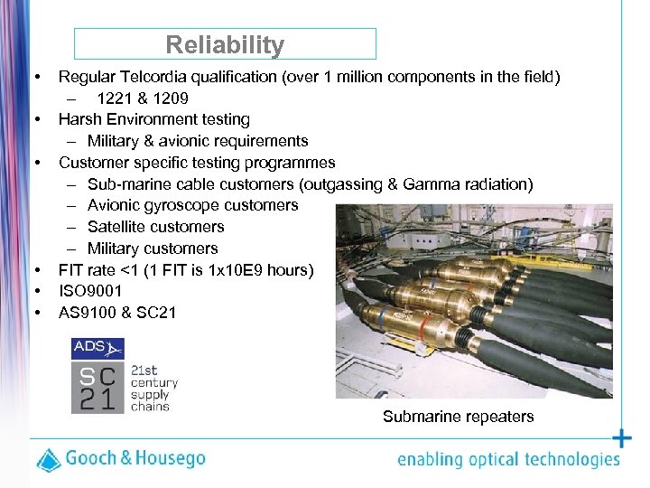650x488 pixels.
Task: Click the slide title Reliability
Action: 225,44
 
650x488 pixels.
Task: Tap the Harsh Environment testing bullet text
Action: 153,119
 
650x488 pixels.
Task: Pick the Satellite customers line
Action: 155,227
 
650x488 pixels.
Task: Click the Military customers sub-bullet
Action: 153,249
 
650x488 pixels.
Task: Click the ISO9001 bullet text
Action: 90,291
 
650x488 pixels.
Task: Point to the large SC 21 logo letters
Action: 97,389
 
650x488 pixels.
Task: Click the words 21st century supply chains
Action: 153,389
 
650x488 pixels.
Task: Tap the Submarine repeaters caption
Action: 458,417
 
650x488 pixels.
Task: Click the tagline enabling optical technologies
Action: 508,460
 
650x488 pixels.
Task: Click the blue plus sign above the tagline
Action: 622,439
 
